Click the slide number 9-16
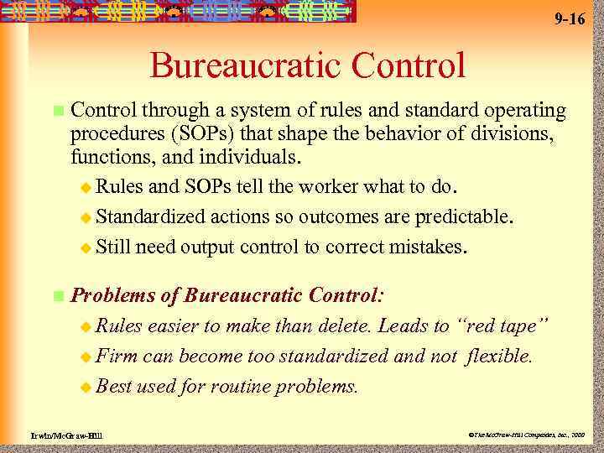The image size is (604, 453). tap(570, 18)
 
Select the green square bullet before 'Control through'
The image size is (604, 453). tap(57, 111)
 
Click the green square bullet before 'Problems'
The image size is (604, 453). tap(57, 296)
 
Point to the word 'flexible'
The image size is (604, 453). tap(499, 356)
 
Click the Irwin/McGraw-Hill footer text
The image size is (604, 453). tap(57, 437)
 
